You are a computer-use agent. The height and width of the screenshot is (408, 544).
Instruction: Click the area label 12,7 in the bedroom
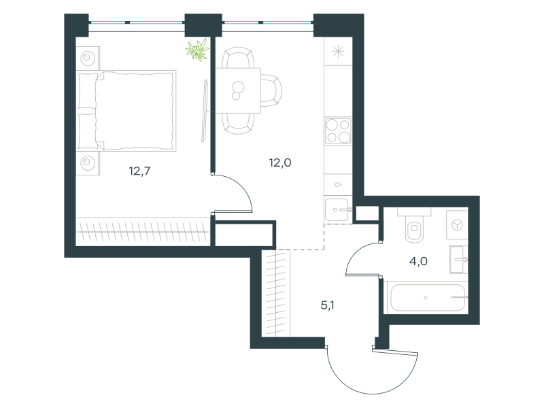[x=139, y=171]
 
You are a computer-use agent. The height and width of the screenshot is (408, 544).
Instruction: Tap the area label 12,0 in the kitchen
[x=280, y=163]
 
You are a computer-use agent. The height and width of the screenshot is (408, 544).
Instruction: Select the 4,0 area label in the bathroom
[x=418, y=261]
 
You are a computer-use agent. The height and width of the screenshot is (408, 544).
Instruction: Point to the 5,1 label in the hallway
[x=327, y=305]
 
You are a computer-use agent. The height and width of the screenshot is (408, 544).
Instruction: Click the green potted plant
[x=197, y=50]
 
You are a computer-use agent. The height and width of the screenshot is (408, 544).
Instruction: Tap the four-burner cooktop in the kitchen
[x=338, y=131]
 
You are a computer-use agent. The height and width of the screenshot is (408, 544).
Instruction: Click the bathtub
[x=428, y=298]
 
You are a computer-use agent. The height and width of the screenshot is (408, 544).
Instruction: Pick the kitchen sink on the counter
[x=337, y=209]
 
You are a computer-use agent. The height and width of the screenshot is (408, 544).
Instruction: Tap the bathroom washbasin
[x=458, y=259]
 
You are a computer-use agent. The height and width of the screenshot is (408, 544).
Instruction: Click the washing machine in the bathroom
[x=457, y=225]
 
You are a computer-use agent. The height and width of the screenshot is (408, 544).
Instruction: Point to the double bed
[x=126, y=111]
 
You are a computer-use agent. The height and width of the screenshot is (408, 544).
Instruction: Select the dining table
[x=238, y=90]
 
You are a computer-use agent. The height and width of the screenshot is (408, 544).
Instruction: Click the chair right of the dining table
[x=271, y=90]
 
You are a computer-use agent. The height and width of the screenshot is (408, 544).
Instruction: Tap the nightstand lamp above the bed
[x=88, y=58]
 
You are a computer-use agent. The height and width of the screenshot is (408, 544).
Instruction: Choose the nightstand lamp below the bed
[x=88, y=163]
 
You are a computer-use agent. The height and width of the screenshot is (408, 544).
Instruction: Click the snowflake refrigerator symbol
[x=338, y=52]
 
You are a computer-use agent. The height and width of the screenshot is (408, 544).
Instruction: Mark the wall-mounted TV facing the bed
[x=205, y=111]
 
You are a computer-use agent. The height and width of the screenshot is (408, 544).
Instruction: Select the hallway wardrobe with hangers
[x=276, y=293]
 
